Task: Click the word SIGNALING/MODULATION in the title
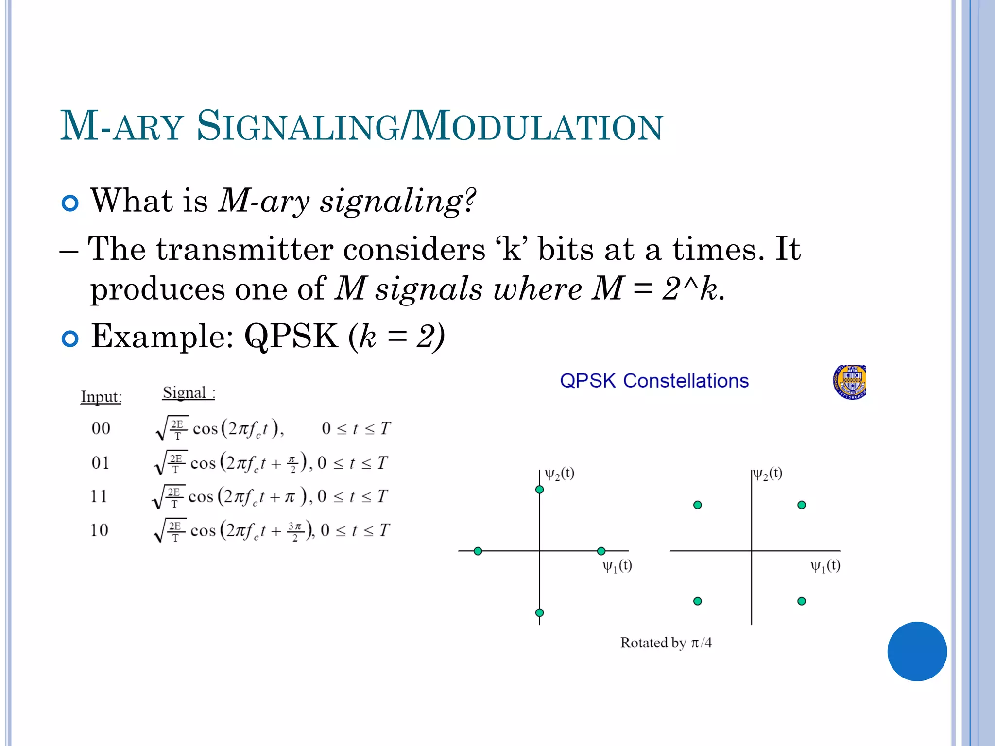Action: click(x=429, y=126)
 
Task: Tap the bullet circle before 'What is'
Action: click(x=70, y=203)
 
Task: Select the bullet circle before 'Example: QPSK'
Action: click(x=70, y=339)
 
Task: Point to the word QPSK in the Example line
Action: click(x=291, y=336)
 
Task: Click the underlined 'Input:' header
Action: click(x=101, y=397)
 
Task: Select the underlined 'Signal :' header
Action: click(x=189, y=392)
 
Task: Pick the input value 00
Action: click(x=101, y=428)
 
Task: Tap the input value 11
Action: click(x=99, y=496)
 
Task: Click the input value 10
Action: click(x=100, y=530)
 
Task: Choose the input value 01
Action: click(x=101, y=462)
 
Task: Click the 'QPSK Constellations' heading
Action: click(x=654, y=381)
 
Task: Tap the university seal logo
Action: click(x=850, y=382)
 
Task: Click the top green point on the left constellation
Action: click(x=539, y=490)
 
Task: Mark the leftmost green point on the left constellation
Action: click(x=478, y=551)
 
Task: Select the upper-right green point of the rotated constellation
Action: click(x=802, y=505)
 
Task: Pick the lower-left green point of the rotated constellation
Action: click(x=698, y=601)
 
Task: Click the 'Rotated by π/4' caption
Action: click(x=666, y=643)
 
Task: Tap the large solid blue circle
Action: click(x=917, y=651)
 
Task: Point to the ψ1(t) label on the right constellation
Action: click(x=825, y=566)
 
